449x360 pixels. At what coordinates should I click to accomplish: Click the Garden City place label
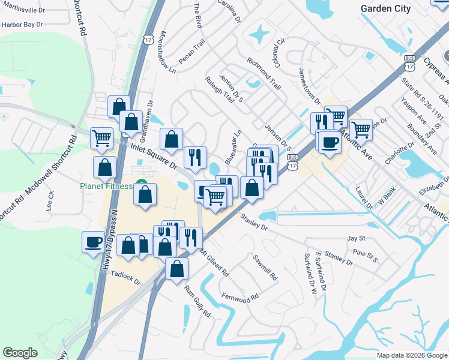tap(385, 8)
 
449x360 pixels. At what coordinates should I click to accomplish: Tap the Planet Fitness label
tap(106, 186)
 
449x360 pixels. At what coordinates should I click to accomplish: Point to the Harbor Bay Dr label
tap(23, 25)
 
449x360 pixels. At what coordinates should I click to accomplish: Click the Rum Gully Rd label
tap(197, 301)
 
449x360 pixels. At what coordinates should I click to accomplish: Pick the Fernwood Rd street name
tap(240, 297)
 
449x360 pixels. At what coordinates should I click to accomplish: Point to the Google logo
tap(20, 353)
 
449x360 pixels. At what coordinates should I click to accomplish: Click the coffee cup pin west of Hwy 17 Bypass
tap(93, 242)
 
